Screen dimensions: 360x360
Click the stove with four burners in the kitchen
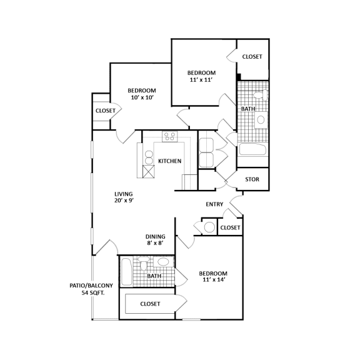(x=169, y=136)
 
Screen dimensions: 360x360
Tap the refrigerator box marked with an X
(x=149, y=172)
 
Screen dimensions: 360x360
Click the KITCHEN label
(x=169, y=161)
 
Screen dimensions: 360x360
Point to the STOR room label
(x=252, y=179)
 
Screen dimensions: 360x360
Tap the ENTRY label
(x=215, y=204)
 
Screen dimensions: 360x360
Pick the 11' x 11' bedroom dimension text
(x=202, y=81)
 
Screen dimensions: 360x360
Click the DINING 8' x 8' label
(x=155, y=241)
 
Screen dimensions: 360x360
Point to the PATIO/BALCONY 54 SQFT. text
(x=91, y=289)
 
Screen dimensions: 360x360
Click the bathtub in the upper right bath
(x=252, y=150)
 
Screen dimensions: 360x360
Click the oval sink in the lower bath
(x=162, y=262)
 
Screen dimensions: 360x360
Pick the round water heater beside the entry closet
(x=207, y=227)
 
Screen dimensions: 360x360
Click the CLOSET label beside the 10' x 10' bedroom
(x=105, y=111)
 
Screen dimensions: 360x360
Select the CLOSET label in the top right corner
(x=252, y=57)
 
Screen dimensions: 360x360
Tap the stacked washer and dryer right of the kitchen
(x=206, y=152)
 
